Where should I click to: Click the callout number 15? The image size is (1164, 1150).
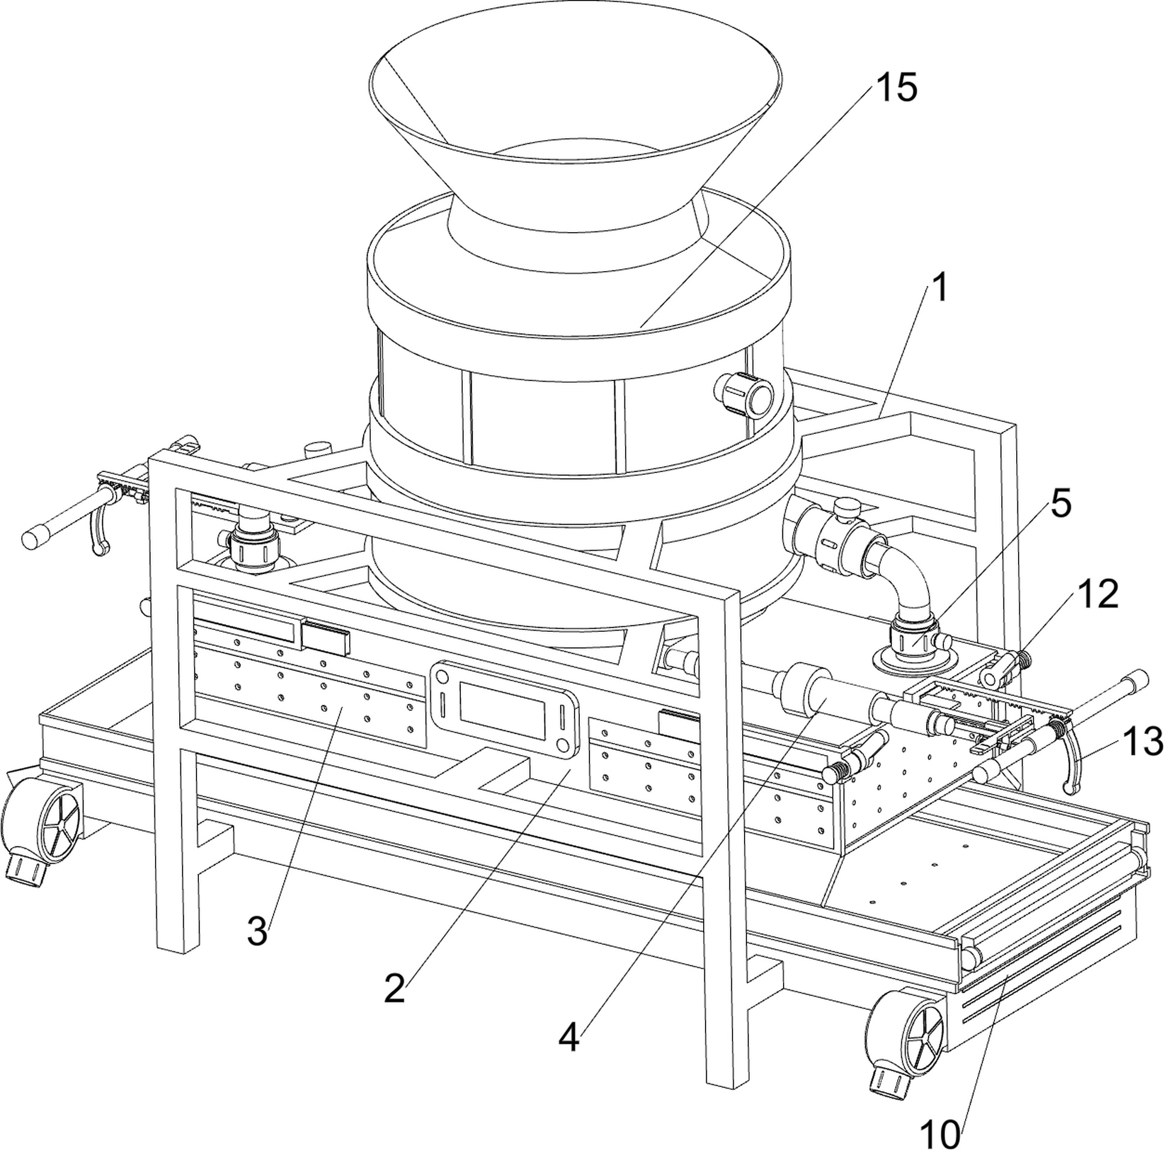895,87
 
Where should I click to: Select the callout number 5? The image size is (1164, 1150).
1061,503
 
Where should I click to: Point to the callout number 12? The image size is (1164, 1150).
1098,595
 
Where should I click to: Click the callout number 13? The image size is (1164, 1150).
1142,740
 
